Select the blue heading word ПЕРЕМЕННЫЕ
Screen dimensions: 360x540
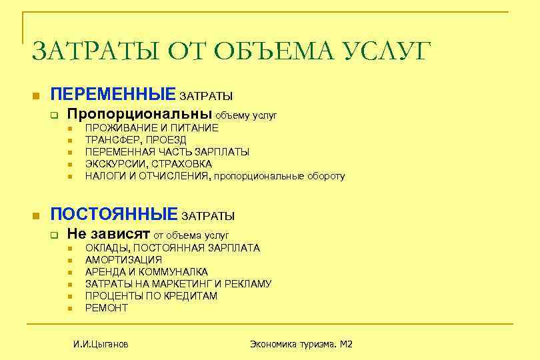113,93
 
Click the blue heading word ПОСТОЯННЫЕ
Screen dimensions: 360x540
114,214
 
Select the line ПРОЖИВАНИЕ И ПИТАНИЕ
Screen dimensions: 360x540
151,127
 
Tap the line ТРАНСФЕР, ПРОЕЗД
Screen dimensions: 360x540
135,139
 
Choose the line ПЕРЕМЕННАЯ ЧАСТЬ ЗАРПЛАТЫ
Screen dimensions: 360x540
167,151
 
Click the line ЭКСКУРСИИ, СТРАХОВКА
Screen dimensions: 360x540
149,163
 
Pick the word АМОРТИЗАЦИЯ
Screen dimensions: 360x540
123,259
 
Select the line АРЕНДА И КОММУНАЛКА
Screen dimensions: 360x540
146,271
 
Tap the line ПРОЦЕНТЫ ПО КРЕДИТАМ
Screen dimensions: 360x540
151,295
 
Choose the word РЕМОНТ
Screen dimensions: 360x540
106,307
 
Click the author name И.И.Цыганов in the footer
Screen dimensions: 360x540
101,344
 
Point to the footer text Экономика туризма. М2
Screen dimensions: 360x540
301,344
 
